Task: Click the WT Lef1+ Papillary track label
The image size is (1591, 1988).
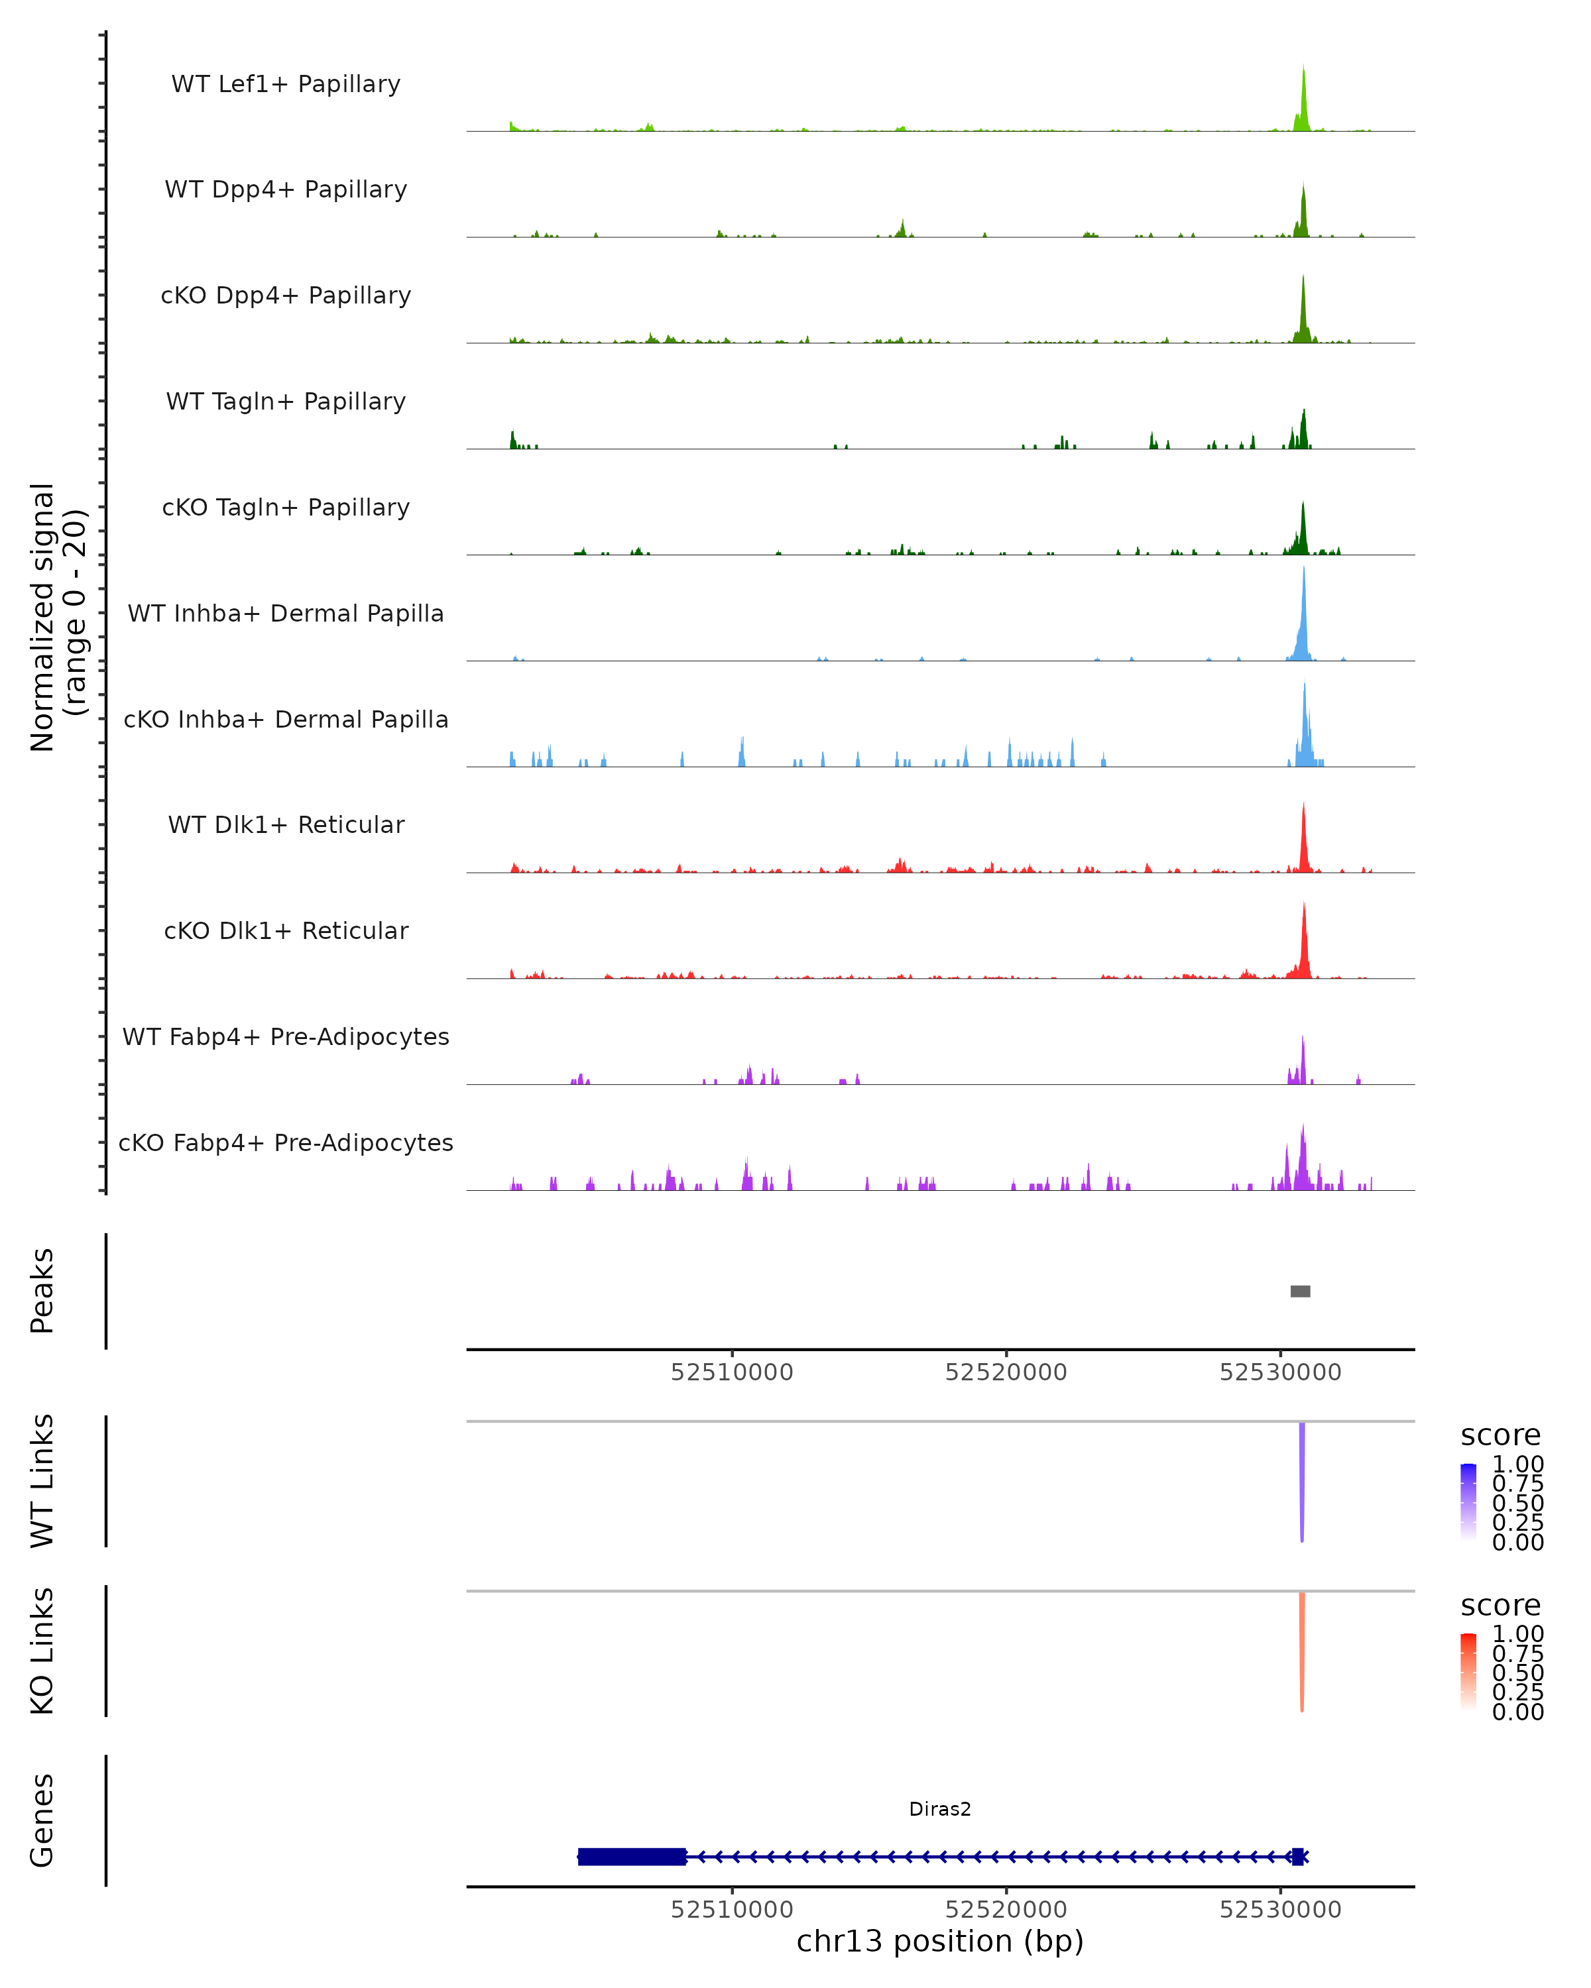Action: pos(286,84)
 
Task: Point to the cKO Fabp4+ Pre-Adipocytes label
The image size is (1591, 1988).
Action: pos(286,1142)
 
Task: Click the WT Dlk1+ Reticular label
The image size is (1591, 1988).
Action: pos(286,824)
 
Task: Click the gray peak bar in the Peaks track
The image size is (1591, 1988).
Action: pos(1299,1291)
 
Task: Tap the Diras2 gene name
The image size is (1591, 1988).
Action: pos(940,1808)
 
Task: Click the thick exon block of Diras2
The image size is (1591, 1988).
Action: pos(632,1856)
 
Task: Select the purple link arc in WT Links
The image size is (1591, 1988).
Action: pos(1301,1475)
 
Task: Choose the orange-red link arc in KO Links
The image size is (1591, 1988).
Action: pos(1301,1646)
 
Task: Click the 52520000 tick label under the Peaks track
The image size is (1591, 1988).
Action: pos(1006,1372)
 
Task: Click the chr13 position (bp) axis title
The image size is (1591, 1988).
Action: pos(940,1941)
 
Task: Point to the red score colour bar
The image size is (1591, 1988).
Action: pos(1468,1671)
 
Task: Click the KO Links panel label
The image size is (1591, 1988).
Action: pos(42,1651)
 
